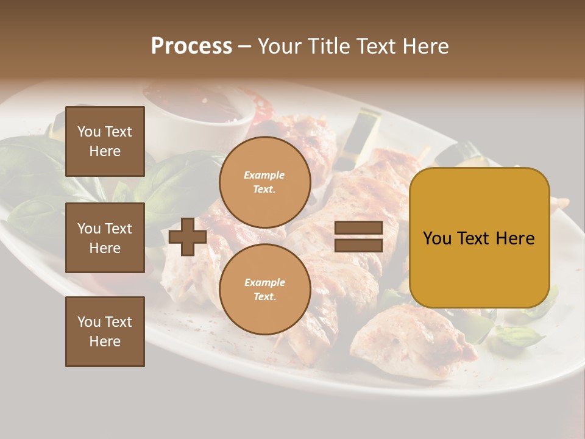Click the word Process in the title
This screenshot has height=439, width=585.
click(191, 46)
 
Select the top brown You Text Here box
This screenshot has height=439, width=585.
click(105, 141)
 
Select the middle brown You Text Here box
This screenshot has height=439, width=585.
click(105, 238)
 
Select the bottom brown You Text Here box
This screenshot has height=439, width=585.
click(105, 332)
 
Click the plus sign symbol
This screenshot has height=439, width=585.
click(188, 237)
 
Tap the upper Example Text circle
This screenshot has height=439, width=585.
click(264, 182)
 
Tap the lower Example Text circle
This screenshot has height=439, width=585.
click(264, 290)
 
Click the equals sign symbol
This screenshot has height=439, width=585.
click(359, 237)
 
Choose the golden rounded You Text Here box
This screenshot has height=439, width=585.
click(479, 238)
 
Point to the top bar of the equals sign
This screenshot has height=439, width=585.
click(359, 228)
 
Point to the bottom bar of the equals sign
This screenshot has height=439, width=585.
click(359, 245)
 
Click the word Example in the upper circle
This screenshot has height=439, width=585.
click(264, 176)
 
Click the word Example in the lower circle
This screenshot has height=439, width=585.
click(264, 283)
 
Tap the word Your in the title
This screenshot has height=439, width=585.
click(279, 46)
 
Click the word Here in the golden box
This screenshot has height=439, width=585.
click(514, 238)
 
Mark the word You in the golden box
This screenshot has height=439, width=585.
click(437, 238)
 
